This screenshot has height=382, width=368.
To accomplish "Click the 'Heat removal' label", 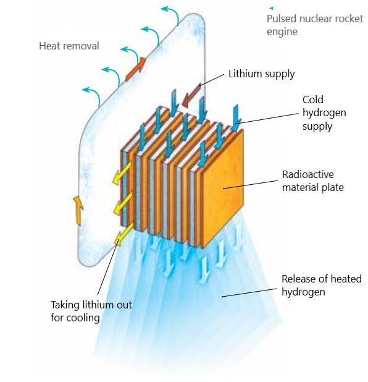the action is point(69,46).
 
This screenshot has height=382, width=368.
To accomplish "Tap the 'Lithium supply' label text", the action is point(262,74).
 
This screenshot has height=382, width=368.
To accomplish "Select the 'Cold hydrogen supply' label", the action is point(324,112).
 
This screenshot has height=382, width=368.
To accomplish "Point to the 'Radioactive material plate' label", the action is point(313,180).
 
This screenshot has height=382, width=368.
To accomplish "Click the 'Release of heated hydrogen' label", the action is point(322,286).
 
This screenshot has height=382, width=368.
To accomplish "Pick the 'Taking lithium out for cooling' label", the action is point(91,311).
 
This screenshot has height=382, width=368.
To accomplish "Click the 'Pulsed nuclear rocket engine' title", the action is point(315,25).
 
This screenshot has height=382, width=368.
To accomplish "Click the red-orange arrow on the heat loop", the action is point(136,69).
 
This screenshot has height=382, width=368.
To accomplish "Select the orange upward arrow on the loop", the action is point(78,211).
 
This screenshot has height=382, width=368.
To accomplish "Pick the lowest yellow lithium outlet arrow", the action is point(124,234).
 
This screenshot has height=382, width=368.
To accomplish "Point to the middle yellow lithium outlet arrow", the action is point(123,203).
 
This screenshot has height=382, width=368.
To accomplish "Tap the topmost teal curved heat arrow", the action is point(170,15).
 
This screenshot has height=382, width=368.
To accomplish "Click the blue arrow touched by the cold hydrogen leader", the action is point(236,118).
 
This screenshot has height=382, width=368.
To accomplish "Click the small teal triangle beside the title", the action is point(271,8).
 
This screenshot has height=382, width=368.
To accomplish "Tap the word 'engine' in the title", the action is point(282,32).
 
